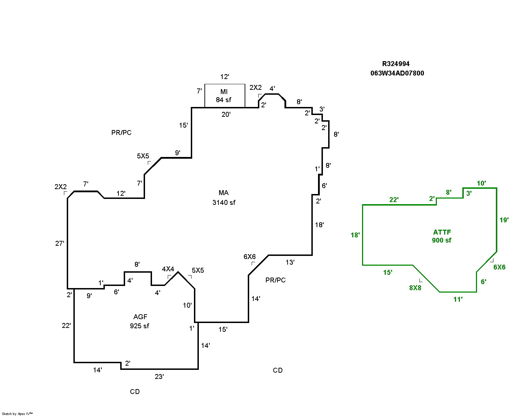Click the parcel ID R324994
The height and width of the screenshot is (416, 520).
pyautogui.click(x=396, y=64)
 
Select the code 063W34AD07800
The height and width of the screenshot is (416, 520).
pyautogui.click(x=397, y=73)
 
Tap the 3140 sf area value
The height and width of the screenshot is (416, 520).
pyautogui.click(x=224, y=202)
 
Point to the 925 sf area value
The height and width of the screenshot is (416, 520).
pyautogui.click(x=139, y=326)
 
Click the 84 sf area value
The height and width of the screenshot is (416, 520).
pyautogui.click(x=224, y=100)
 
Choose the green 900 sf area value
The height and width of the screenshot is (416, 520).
pyautogui.click(x=441, y=240)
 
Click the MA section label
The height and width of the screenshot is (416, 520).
pyautogui.click(x=224, y=193)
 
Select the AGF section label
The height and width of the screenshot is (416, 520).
pyautogui.click(x=140, y=317)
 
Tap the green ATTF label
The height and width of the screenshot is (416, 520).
pyautogui.click(x=442, y=232)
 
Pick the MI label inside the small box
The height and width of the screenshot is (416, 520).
pyautogui.click(x=224, y=92)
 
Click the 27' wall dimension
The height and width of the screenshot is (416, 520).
pyautogui.click(x=60, y=243)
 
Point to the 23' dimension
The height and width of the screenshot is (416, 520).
pyautogui.click(x=159, y=376)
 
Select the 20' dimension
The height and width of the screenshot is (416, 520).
pyautogui.click(x=226, y=114)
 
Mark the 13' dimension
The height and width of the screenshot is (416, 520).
pyautogui.click(x=290, y=262)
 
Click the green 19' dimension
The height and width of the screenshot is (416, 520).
pyautogui.click(x=504, y=220)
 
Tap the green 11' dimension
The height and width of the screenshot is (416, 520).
pyautogui.click(x=458, y=299)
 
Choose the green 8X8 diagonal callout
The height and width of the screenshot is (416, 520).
pyautogui.click(x=415, y=288)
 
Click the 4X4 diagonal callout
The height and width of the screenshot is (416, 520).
pyautogui.click(x=168, y=269)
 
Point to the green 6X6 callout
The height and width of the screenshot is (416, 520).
pyautogui.click(x=499, y=267)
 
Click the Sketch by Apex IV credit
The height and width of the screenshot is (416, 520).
pyautogui.click(x=17, y=414)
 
